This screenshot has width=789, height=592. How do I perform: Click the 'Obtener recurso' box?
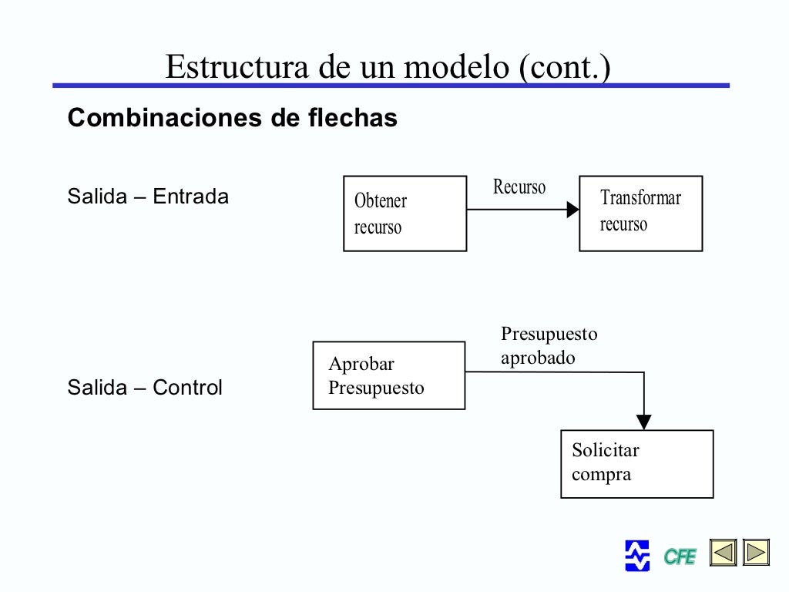pyautogui.click(x=405, y=214)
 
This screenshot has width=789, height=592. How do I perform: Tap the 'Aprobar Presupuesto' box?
pyautogui.click(x=388, y=375)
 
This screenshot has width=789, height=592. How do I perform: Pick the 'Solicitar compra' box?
pyautogui.click(x=636, y=463)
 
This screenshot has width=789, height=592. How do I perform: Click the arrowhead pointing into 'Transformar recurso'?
pyautogui.click(x=572, y=210)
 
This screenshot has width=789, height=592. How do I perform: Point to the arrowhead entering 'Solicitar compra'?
pyautogui.click(x=644, y=422)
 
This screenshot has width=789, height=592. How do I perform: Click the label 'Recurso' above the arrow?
pyautogui.click(x=519, y=187)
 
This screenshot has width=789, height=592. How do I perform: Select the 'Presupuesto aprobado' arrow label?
pyautogui.click(x=549, y=346)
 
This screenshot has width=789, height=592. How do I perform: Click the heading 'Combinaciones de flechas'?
pyautogui.click(x=233, y=118)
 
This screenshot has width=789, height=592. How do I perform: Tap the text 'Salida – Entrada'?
pyautogui.click(x=148, y=197)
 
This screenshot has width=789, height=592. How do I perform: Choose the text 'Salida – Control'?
pyautogui.click(x=145, y=387)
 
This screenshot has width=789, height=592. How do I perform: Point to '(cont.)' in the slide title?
pyautogui.click(x=565, y=67)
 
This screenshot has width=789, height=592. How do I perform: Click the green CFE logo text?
pyautogui.click(x=680, y=556)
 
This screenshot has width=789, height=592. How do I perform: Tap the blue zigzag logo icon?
pyautogui.click(x=637, y=555)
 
